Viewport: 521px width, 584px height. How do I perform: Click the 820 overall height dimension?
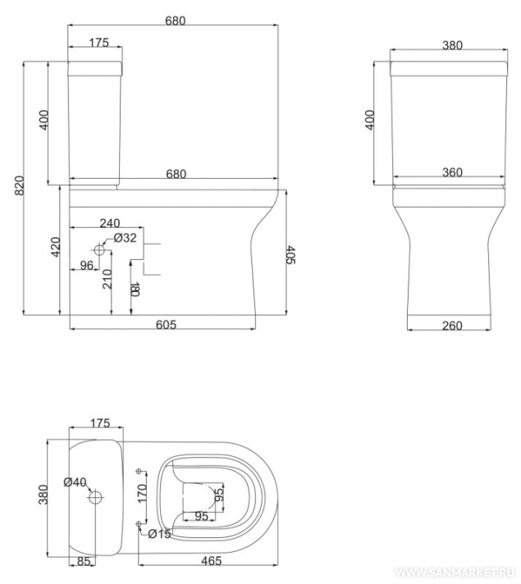[x=20, y=185]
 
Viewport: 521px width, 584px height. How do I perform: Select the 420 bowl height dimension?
[x=55, y=247]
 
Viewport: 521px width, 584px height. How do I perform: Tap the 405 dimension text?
[x=290, y=255]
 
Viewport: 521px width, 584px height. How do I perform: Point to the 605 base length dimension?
[x=166, y=325]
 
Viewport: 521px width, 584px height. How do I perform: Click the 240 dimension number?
[x=110, y=223]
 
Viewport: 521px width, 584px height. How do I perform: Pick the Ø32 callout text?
[x=126, y=238]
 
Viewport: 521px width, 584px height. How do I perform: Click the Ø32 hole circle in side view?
[x=99, y=250]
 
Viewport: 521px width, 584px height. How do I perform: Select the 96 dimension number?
[x=87, y=265]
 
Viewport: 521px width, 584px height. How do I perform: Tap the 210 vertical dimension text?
[x=107, y=279]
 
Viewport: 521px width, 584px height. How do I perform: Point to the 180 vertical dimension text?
[x=135, y=289]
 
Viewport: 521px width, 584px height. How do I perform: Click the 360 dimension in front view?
[x=452, y=172]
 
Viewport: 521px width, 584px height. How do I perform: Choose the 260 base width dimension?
[x=452, y=326]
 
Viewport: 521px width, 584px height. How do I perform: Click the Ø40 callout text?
[x=75, y=482]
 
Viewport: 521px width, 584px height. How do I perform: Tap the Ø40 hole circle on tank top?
[x=95, y=497]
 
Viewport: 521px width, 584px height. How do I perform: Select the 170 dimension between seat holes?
[x=143, y=494]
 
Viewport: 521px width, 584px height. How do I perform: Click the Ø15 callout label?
[x=159, y=534]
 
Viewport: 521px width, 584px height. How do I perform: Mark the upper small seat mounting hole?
[x=139, y=472]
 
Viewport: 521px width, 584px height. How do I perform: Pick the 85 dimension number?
[x=84, y=561]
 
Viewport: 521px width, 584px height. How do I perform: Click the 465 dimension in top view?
[x=212, y=560]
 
